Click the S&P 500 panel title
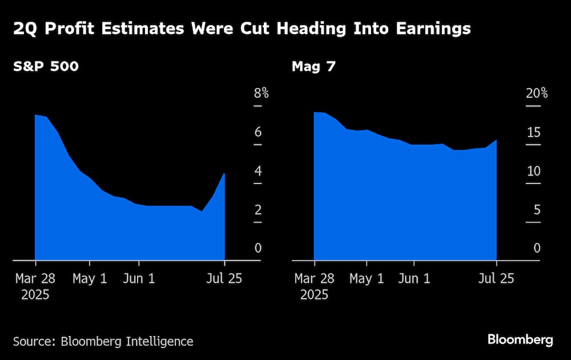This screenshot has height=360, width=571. (46, 67)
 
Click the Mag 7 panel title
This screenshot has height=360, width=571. (313, 67)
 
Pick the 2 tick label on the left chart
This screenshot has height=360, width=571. (258, 210)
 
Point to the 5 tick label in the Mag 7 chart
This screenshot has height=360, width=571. (536, 210)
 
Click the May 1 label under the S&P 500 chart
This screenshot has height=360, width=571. (90, 279)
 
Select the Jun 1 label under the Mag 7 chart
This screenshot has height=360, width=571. (414, 279)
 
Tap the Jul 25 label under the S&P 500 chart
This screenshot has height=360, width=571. (224, 279)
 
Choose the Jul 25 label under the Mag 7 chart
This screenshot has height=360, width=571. (496, 279)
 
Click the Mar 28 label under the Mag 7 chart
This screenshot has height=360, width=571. (314, 279)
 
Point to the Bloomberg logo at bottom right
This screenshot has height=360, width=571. (520, 340)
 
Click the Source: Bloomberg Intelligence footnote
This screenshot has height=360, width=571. (103, 342)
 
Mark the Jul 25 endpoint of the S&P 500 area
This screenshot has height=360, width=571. (224, 174)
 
